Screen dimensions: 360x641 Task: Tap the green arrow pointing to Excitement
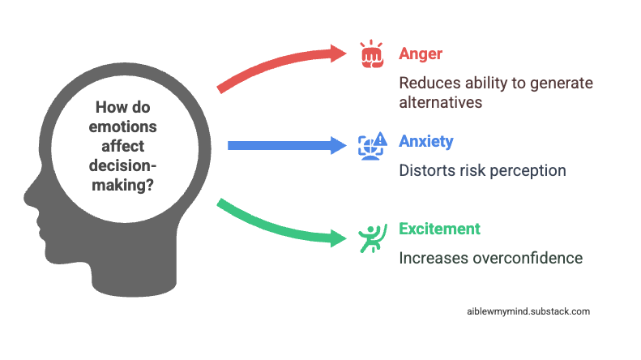coord(280,224)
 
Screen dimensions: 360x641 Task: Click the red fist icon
coord(372,54)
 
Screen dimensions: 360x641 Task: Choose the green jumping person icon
coord(370,236)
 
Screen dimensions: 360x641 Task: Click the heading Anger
coord(421,54)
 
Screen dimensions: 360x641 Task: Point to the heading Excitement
coord(439,229)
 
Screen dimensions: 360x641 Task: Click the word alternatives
coord(442,103)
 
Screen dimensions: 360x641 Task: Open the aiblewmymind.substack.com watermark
coord(528,311)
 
